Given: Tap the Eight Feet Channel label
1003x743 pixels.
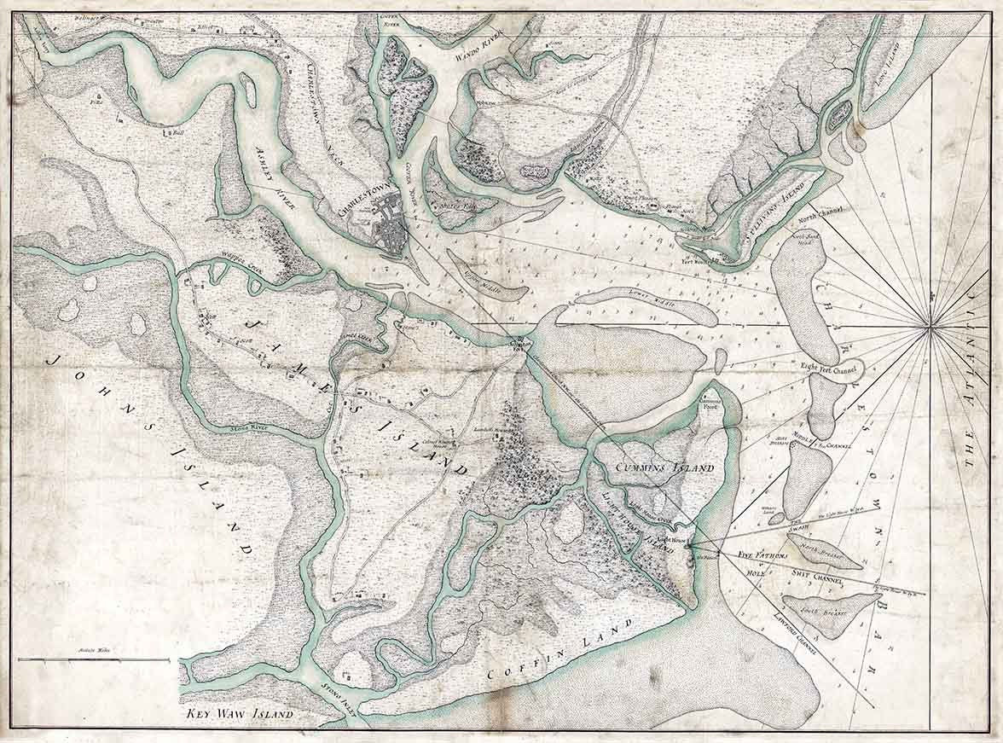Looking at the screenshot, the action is (x=828, y=369).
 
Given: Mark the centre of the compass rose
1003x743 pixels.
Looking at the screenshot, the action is (x=931, y=325).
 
